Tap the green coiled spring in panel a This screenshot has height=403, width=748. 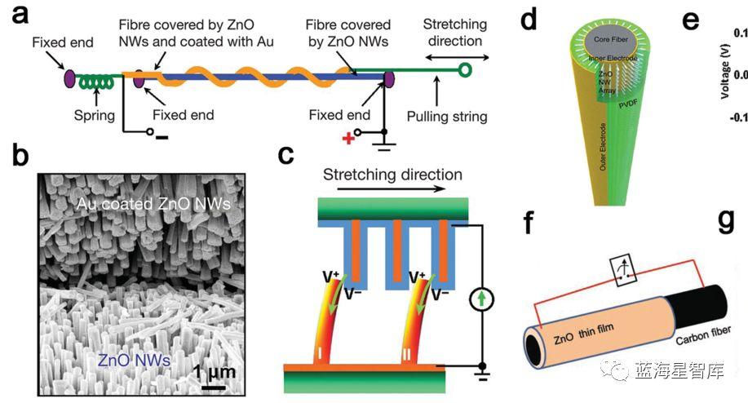95,82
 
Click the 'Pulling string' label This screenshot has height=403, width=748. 446,116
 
